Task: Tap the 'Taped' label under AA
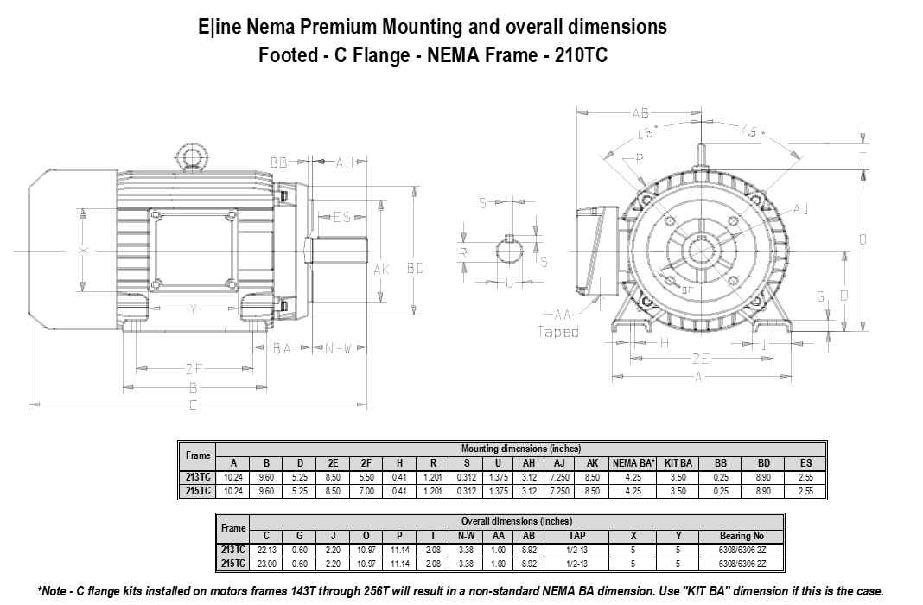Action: point(558,332)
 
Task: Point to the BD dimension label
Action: point(417,269)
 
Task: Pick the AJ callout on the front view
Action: point(800,208)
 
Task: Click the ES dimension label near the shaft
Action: point(341,218)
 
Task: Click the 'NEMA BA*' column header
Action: point(633,463)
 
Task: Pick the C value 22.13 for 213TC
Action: point(266,549)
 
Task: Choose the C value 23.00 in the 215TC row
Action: point(266,563)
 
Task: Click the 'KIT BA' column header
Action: point(678,463)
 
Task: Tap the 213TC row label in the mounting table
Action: point(198,477)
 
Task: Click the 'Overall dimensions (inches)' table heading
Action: point(515,521)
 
